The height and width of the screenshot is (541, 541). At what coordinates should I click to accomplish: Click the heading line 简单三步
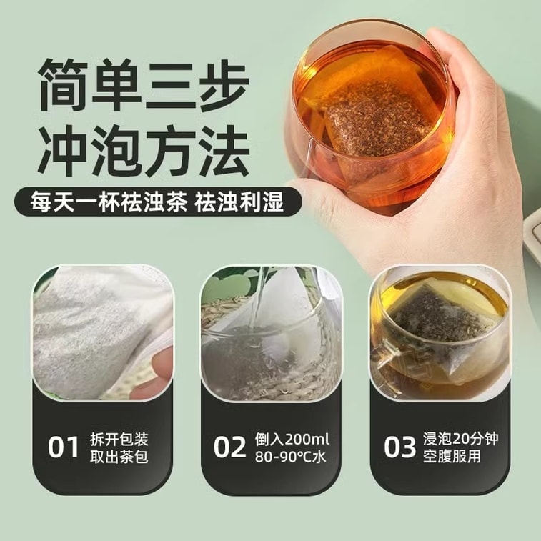(144, 85)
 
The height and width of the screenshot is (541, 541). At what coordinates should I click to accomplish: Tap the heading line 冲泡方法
(144, 151)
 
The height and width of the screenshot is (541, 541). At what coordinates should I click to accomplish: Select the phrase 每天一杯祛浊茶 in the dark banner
(109, 202)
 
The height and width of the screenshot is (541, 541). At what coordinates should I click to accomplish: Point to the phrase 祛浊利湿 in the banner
(239, 202)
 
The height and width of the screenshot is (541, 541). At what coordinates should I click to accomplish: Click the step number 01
(64, 447)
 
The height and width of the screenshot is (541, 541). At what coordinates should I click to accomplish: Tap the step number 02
(229, 447)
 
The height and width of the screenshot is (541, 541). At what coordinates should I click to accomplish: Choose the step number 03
(400, 447)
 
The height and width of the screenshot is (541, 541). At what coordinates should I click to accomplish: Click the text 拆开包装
(119, 440)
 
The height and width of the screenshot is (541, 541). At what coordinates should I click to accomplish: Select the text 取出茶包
(119, 457)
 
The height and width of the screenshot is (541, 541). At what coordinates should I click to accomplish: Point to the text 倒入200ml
(292, 440)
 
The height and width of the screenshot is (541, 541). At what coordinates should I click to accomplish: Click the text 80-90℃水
(291, 457)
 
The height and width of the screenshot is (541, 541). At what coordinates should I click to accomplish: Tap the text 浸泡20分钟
(461, 439)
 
